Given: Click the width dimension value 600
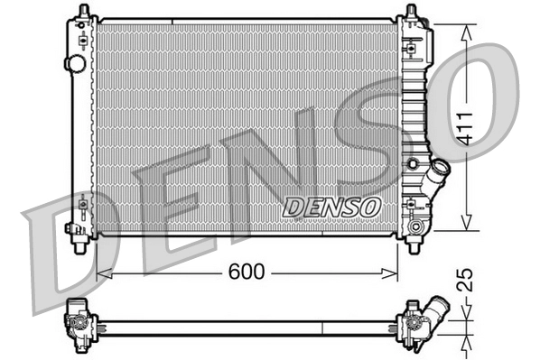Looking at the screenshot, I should pos(245,271).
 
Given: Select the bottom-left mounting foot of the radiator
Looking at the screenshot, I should pos(80,240).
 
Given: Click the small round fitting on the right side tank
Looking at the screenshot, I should pos(414,163).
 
